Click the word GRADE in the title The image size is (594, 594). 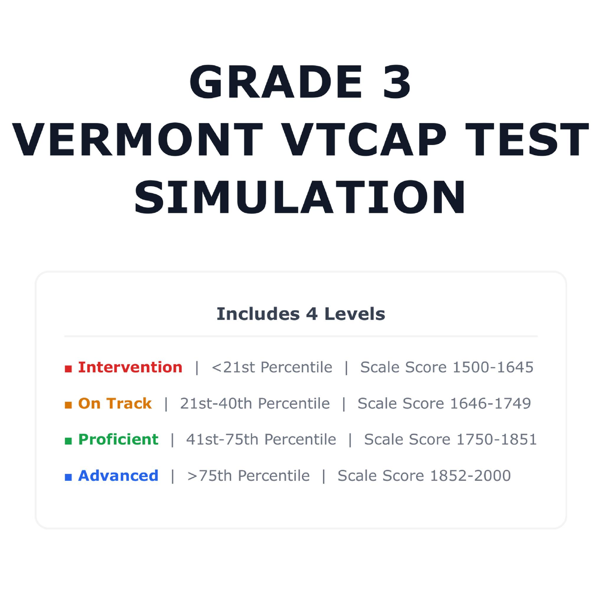pos(276,82)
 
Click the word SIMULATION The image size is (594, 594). pos(300,197)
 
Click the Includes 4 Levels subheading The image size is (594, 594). pos(301,314)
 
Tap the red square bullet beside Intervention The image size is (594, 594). pos(68,369)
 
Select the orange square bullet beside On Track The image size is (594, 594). pos(68,405)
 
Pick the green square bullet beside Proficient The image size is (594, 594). pos(68,441)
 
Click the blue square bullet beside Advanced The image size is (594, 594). pos(68,477)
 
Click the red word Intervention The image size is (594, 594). pos(130,367)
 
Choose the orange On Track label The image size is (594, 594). pos(115,403)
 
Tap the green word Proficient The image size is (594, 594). pos(118,439)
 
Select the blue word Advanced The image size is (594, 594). pos(118,475)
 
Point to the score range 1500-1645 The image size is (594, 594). pos(493,367)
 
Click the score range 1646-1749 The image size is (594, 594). pos(491,403)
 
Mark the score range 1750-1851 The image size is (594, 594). pos(497,439)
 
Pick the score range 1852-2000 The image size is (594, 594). pos(470,475)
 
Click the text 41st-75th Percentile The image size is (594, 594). pos(261,439)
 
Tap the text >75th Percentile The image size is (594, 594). pos(248,475)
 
